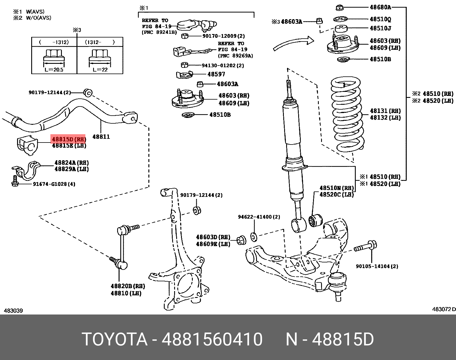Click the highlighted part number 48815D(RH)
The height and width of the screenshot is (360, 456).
[x=68, y=139]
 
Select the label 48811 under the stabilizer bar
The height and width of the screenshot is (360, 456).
[x=101, y=137]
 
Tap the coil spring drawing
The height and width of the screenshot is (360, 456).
[x=347, y=114]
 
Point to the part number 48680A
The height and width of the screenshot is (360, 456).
[x=380, y=7]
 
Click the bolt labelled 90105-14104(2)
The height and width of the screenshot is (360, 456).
[x=366, y=246]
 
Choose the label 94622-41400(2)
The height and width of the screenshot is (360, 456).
[x=259, y=217]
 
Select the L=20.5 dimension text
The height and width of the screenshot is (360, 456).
[x=54, y=70]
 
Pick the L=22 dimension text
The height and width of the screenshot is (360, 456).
[x=100, y=70]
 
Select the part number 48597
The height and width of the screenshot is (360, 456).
[x=216, y=74]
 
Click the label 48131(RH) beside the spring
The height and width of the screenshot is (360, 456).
[x=385, y=111]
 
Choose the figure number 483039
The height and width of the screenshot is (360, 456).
[x=13, y=310]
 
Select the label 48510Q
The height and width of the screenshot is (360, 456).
[x=380, y=19]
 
